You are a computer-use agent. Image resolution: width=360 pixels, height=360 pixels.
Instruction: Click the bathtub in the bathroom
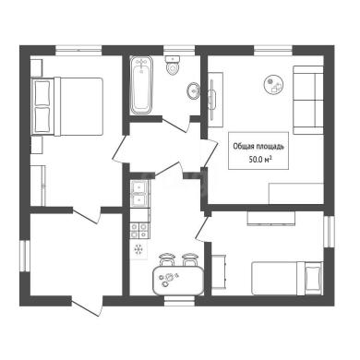pyautogui.click(x=141, y=85)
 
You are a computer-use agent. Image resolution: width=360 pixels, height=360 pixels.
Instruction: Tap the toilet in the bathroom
pyautogui.click(x=173, y=66)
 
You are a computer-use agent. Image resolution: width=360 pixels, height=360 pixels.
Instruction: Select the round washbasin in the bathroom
pyautogui.click(x=193, y=90)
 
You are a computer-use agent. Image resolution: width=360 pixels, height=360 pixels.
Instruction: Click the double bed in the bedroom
pyautogui.click(x=67, y=106)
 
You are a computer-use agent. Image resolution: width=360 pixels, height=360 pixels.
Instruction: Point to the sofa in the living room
pyautogui.click(x=308, y=100)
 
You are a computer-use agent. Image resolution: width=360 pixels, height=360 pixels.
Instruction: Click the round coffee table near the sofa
pyautogui.click(x=273, y=85)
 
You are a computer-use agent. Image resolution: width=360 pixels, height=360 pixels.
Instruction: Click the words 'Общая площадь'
pyautogui.click(x=258, y=147)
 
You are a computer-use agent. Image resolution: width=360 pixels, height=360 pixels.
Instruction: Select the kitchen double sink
pyautogui.click(x=139, y=194)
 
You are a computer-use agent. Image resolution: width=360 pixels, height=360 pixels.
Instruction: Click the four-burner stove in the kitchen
pyautogui.click(x=139, y=231)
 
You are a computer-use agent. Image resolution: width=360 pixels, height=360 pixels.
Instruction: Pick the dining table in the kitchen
pyautogui.click(x=178, y=281)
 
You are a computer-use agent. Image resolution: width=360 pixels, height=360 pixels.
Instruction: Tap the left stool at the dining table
pyautogui.click(x=167, y=259)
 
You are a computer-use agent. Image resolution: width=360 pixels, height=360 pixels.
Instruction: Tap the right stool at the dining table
pyautogui.click(x=189, y=259)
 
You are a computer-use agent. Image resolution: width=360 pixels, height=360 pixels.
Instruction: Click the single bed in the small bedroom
pyautogui.click(x=287, y=278)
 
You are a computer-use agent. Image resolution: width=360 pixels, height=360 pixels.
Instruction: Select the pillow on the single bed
pyautogui.click(x=313, y=278)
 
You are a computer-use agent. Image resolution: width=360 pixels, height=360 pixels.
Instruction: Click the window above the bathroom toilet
pyautogui.click(x=179, y=51)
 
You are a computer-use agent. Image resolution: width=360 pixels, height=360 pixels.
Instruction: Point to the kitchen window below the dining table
pyautogui.click(x=179, y=301)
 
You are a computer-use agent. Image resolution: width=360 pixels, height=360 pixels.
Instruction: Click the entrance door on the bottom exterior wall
pyautogui.click(x=87, y=306)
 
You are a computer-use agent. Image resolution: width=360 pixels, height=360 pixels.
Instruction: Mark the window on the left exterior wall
pyautogui.click(x=25, y=256)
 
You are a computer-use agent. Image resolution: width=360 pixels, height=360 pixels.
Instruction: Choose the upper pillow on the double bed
pyautogui.click(x=42, y=92)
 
